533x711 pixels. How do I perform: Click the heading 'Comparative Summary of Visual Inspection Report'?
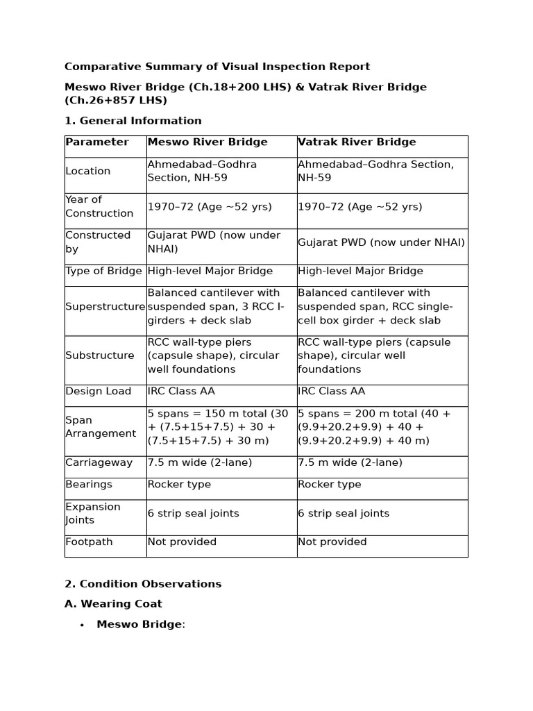217,67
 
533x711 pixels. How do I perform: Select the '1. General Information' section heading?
133,121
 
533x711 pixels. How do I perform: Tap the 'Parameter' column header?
97,142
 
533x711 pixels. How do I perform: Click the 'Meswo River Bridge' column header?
208,142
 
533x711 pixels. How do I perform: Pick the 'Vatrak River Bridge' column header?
357,142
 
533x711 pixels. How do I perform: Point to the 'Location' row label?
88,172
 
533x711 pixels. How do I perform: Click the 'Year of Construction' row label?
99,207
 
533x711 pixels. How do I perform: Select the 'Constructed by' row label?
98,242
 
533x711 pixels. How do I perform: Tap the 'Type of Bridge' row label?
103,271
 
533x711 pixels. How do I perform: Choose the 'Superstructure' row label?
105,307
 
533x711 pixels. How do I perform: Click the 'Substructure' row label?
100,355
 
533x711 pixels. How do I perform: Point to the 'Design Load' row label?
99,392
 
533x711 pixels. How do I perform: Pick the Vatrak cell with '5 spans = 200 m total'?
374,427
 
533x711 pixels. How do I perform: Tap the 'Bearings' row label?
89,485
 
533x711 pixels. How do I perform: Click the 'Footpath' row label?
89,542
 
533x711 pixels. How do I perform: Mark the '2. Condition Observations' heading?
143,584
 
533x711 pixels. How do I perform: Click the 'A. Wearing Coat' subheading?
113,604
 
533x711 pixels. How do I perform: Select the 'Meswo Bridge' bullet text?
139,625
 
